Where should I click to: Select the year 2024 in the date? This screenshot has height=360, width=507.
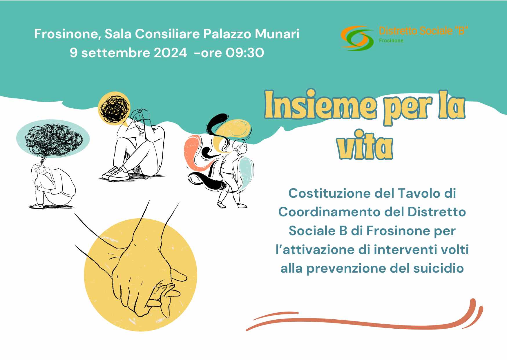click(x=170, y=53)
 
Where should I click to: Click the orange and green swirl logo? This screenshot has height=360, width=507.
click(x=357, y=38)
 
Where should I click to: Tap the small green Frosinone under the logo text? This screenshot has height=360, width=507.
click(x=391, y=41)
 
